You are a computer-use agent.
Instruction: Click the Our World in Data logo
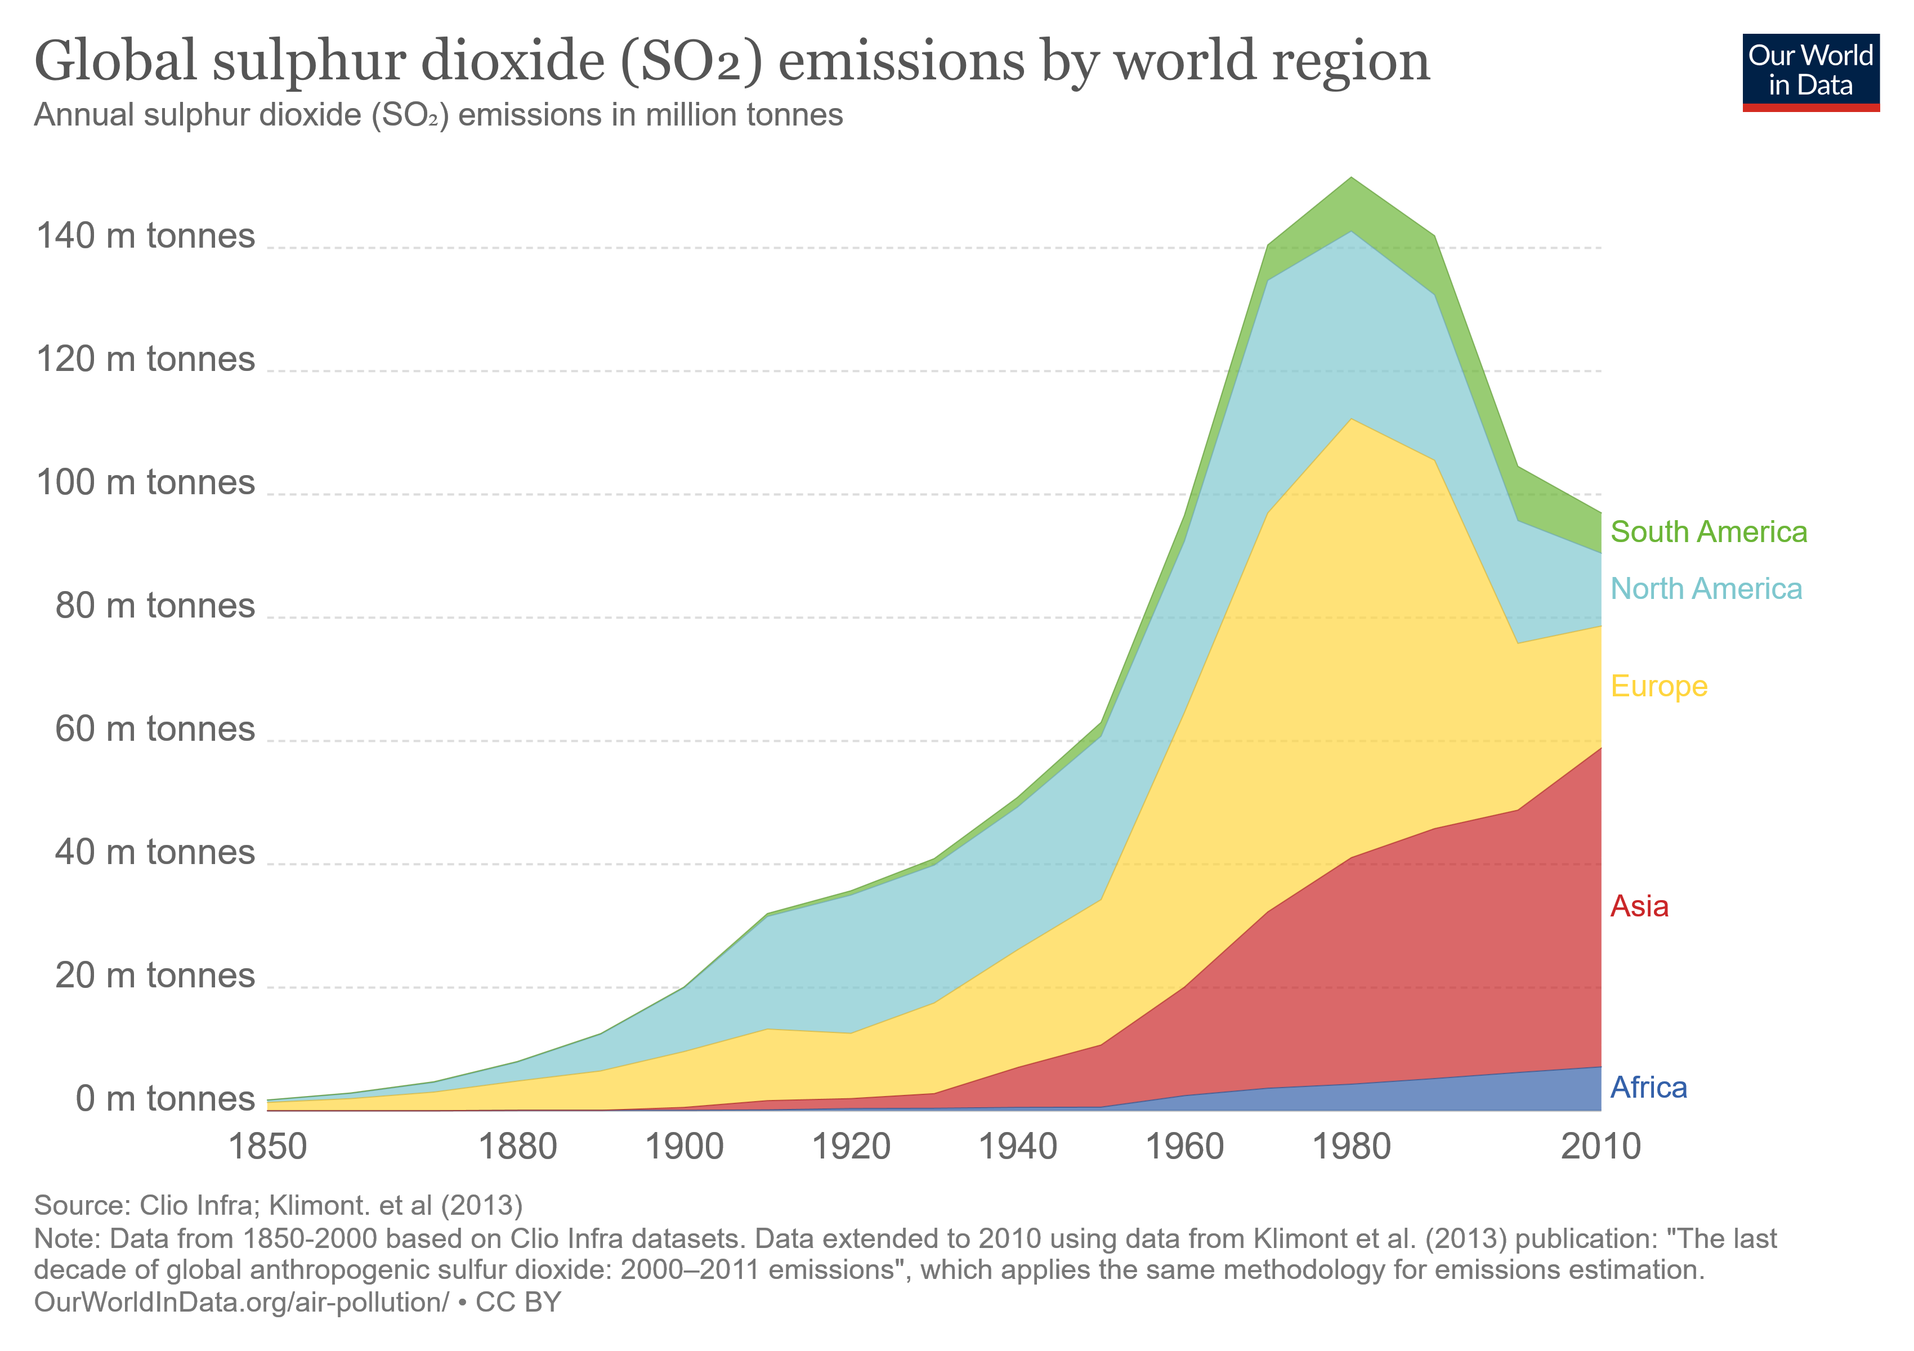1810,71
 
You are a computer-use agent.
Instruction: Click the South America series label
1708,532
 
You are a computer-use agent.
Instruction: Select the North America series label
1706,588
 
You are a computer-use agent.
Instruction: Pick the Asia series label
1639,906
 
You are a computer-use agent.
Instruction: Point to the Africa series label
1648,1087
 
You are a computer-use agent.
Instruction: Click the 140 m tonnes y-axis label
145,236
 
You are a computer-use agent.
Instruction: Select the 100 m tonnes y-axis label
145,482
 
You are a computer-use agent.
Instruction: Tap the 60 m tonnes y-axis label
154,729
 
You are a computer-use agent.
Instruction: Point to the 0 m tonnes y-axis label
164,1098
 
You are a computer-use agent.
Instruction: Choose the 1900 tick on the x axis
685,1147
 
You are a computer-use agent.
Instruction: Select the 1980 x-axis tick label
1351,1147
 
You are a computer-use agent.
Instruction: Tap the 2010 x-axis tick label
1600,1147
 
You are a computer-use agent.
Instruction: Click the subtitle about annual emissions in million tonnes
439,115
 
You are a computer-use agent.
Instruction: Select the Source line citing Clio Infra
279,1205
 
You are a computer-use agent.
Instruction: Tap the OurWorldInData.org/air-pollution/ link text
241,1302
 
